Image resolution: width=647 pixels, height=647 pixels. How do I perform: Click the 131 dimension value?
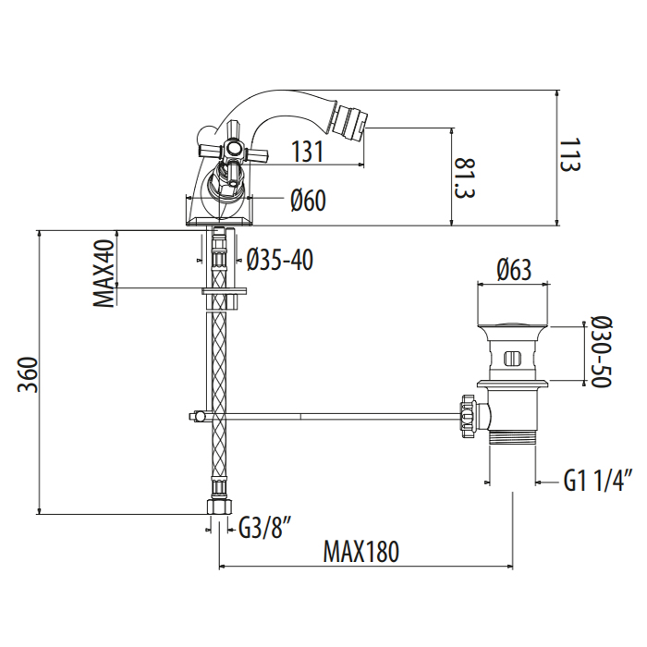308,151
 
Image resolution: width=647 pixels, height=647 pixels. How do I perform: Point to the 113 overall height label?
570,154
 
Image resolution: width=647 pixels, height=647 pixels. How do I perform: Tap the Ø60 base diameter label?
308,201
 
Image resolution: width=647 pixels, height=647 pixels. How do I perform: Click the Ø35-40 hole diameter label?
280,260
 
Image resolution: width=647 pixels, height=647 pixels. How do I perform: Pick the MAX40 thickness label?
104,274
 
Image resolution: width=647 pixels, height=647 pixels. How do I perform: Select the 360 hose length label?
28,375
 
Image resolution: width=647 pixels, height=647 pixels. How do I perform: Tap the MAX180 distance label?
361,551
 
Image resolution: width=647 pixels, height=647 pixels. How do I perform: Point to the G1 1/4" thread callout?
598,481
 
